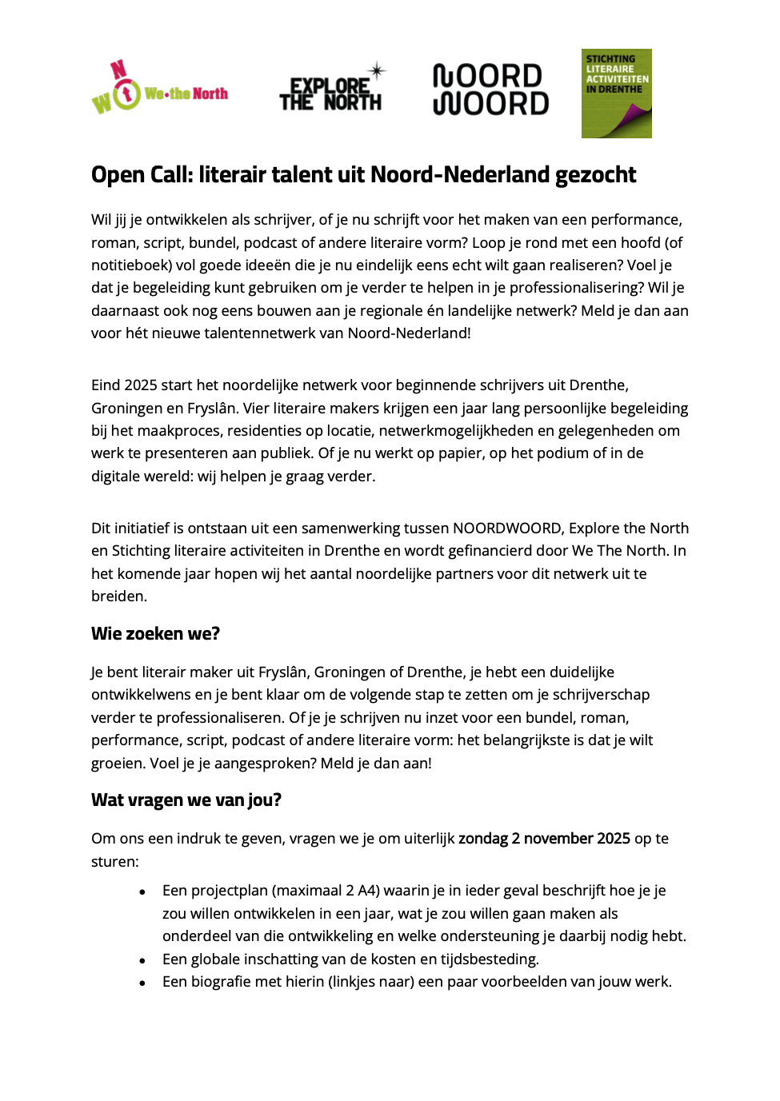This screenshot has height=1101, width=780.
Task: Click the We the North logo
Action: [160, 90]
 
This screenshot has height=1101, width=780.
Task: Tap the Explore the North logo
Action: [331, 90]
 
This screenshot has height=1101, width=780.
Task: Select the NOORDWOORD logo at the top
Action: [490, 90]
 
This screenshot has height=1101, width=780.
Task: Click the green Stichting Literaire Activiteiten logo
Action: [616, 94]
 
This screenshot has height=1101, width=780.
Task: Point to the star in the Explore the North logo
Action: [377, 70]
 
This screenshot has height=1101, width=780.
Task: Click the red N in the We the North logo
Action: [118, 70]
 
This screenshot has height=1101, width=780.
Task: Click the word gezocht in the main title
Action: [595, 175]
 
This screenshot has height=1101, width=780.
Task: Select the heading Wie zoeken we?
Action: [155, 634]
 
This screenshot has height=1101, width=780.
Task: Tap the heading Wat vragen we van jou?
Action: [186, 800]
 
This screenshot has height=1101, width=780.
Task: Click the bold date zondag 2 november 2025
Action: [544, 839]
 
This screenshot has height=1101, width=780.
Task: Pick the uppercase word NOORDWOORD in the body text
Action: [507, 529]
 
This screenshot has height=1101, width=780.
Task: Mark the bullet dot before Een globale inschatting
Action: [142, 960]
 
